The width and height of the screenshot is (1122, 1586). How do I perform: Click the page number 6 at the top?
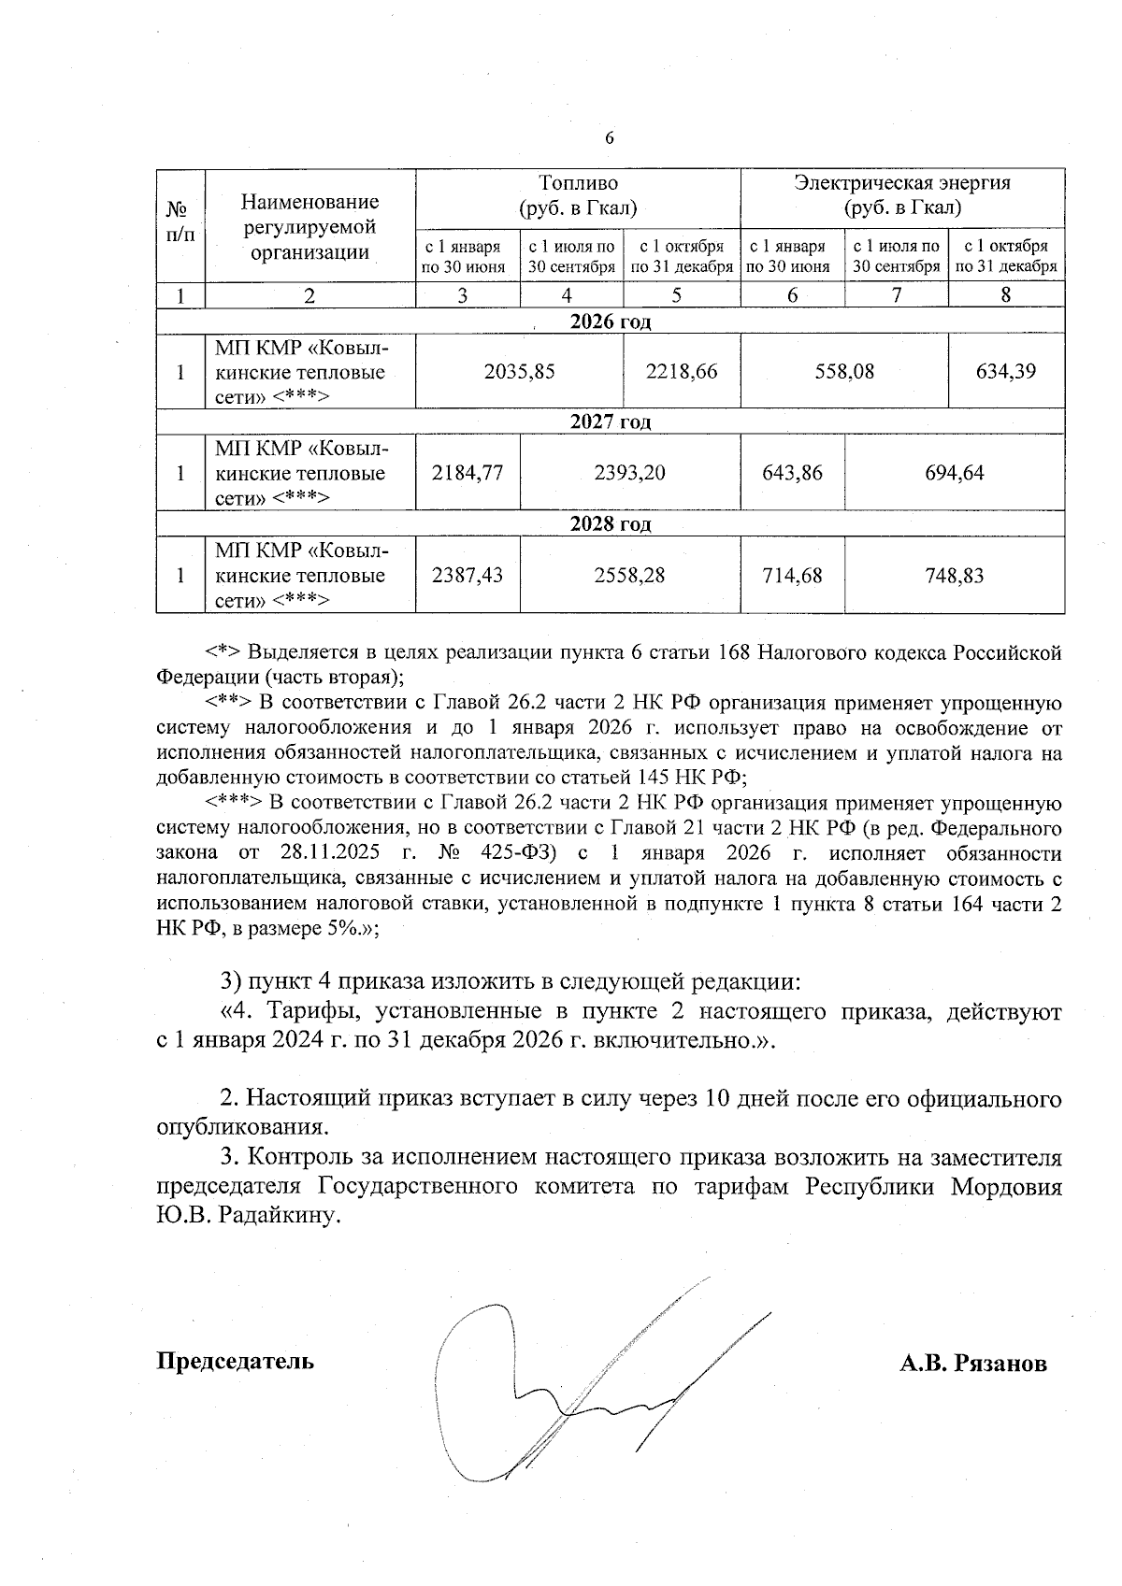610,138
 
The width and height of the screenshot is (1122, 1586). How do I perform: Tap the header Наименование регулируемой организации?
309,226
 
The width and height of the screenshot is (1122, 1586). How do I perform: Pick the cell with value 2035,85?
519,372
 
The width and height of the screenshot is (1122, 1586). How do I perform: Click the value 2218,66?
682,372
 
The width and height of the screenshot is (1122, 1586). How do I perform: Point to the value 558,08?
843,372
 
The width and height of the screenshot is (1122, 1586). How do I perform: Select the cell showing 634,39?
1005,372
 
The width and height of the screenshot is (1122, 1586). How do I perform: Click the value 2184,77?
467,473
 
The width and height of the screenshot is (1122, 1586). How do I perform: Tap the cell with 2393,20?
629,473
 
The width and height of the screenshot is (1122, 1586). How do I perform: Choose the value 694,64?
954,473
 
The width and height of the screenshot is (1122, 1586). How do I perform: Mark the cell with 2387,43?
467,575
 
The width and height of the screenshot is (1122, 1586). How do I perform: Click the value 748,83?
954,575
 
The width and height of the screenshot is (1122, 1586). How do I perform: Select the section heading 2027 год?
610,422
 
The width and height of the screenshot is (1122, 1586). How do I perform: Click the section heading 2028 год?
610,524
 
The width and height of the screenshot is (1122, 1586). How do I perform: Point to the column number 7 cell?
896,295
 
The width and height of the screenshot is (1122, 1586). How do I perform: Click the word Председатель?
235,1361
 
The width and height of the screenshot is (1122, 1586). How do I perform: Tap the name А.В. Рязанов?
972,1364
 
